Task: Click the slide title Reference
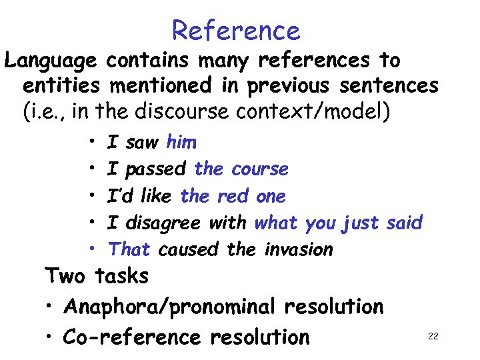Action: (236, 31)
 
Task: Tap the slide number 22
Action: (433, 336)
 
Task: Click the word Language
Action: (51, 61)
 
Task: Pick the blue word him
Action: (181, 142)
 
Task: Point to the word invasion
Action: (298, 249)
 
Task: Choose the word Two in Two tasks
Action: (66, 275)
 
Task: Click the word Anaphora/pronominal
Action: (169, 307)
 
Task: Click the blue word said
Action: (404, 223)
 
